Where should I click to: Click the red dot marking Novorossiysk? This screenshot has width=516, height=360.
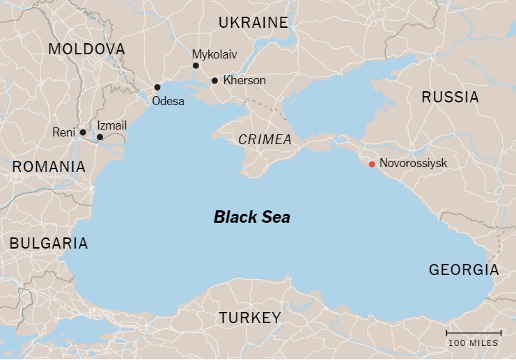(372, 164)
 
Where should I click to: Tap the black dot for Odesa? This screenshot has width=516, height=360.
(157, 88)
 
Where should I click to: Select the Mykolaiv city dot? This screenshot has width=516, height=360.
(196, 65)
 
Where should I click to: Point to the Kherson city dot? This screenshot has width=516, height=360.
(214, 81)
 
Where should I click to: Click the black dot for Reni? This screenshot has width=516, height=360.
(83, 132)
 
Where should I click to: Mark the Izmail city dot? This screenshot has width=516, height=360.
(100, 137)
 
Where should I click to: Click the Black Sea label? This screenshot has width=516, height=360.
(251, 217)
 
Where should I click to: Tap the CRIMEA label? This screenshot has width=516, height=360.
(265, 140)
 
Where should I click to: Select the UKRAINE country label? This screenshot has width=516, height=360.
(253, 23)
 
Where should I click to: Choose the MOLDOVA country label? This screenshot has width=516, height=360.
(87, 49)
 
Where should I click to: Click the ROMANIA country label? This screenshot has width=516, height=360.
(49, 167)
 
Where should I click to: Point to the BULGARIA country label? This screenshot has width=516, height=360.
(48, 244)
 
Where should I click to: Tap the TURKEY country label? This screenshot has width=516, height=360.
(250, 318)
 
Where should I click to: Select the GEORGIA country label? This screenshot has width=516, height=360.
(464, 270)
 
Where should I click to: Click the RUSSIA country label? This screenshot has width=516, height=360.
(451, 97)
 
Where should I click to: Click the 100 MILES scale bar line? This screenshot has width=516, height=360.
(474, 333)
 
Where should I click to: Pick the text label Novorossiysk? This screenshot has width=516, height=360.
(413, 164)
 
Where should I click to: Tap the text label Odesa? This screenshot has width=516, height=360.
(168, 102)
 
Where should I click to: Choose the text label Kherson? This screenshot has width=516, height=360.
(244, 81)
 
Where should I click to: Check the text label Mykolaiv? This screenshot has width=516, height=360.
(214, 54)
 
